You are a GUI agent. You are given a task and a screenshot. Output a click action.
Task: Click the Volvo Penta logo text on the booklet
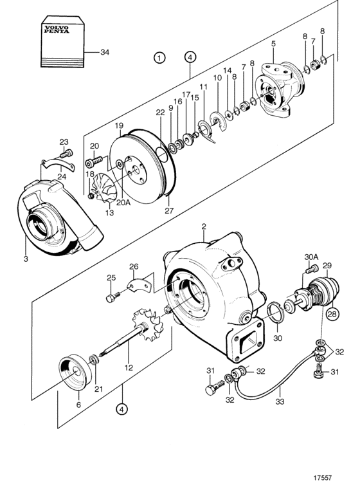[57, 30]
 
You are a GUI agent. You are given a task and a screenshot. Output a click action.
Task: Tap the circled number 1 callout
[159, 58]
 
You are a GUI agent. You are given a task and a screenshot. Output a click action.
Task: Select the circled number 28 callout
[332, 314]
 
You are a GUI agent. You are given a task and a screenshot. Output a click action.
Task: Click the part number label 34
[105, 52]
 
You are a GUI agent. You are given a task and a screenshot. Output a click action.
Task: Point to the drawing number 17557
[323, 478]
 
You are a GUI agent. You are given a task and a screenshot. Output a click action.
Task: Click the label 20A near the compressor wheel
[123, 203]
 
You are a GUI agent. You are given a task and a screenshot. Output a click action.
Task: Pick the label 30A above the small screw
[311, 257]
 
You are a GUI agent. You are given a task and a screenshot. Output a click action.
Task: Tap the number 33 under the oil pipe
[280, 401]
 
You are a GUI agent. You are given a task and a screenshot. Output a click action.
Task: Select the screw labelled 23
[66, 153]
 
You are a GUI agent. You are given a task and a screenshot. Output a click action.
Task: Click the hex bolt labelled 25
[114, 297]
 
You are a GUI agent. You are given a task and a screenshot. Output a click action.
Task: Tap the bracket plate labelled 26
[139, 285]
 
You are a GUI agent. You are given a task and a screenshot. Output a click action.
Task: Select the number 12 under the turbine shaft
[129, 368]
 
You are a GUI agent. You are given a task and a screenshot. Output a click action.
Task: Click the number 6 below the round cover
[78, 405]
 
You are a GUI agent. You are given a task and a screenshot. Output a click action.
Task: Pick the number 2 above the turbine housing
[204, 226]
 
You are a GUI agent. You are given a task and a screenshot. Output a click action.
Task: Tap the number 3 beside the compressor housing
[26, 259]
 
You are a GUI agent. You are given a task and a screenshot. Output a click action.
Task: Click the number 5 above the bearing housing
[273, 44]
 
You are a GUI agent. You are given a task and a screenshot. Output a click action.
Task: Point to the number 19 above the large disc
[119, 126]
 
